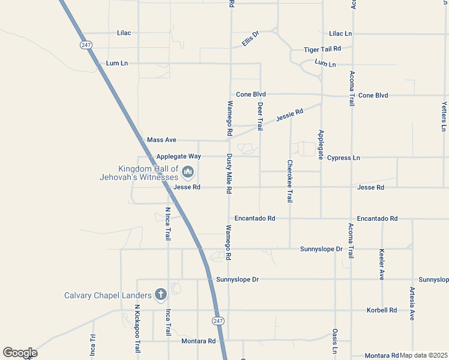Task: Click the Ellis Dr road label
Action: pyautogui.click(x=250, y=38)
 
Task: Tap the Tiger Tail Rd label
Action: pyautogui.click(x=322, y=49)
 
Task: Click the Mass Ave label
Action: pyautogui.click(x=161, y=140)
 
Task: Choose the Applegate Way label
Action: pyautogui.click(x=178, y=157)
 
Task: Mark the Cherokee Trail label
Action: pyautogui.click(x=290, y=181)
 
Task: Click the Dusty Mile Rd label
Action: pyautogui.click(x=229, y=173)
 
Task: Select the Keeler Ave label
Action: pyautogui.click(x=382, y=264)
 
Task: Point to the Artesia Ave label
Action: pyautogui.click(x=412, y=304)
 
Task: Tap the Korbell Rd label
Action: pyautogui.click(x=382, y=310)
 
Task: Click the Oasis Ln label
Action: pyautogui.click(x=335, y=341)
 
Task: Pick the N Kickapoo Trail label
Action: pyautogui.click(x=137, y=331)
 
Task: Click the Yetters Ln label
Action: pyautogui.click(x=444, y=116)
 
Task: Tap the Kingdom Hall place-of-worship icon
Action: pyautogui.click(x=188, y=173)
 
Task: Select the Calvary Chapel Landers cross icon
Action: pyautogui.click(x=160, y=295)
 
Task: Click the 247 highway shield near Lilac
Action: pyautogui.click(x=85, y=45)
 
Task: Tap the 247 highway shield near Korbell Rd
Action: pyautogui.click(x=217, y=321)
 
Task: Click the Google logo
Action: pyautogui.click(x=20, y=353)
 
